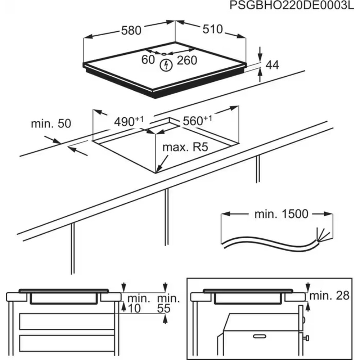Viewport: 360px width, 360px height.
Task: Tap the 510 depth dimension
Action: click(213, 29)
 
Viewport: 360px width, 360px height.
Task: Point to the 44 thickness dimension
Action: click(272, 65)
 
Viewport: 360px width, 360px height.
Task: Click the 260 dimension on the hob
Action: click(187, 60)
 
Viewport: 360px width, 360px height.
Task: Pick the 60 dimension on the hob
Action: click(148, 60)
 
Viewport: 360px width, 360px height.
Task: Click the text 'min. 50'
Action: click(51, 124)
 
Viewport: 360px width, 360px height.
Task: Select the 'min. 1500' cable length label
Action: click(282, 214)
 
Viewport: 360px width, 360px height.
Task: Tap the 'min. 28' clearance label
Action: click(329, 296)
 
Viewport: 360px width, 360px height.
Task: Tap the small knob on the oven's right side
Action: click(307, 337)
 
